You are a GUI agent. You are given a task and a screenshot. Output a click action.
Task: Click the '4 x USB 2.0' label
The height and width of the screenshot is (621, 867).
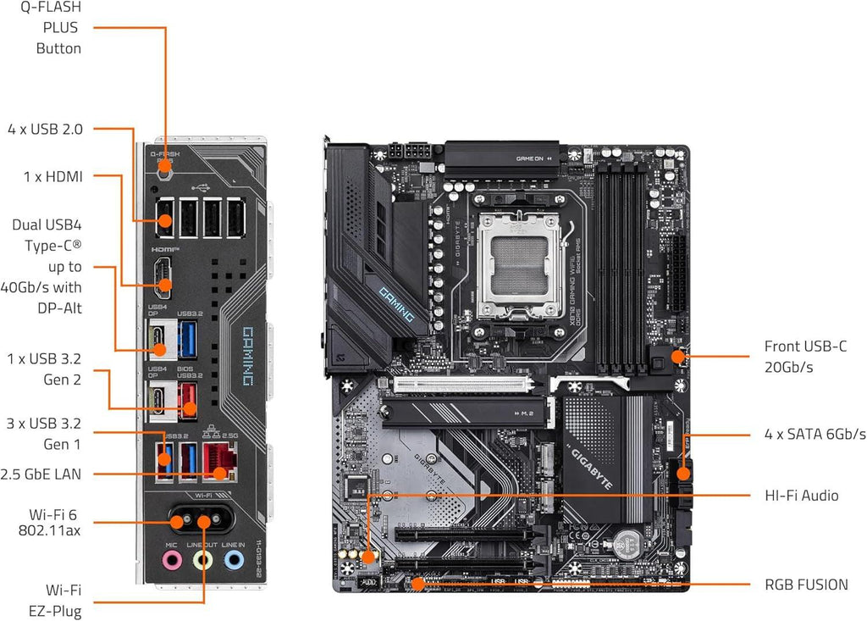[x=45, y=129]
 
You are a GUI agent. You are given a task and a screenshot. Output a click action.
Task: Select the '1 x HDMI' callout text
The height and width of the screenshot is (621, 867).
[x=52, y=176]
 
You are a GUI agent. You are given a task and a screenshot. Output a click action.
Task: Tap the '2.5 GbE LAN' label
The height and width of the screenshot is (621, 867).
[x=41, y=474]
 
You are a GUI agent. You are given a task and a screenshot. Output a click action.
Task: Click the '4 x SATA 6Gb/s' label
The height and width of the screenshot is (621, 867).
[x=815, y=434]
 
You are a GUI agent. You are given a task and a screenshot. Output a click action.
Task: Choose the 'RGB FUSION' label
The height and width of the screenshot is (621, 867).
[x=806, y=584]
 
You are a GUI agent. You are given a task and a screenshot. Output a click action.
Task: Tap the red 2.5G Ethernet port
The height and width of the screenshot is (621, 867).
[x=222, y=462]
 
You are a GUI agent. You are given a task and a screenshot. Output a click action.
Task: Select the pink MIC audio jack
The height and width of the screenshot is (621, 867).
[x=172, y=559]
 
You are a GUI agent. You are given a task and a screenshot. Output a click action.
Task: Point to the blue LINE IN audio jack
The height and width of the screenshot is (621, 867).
[x=232, y=559]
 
